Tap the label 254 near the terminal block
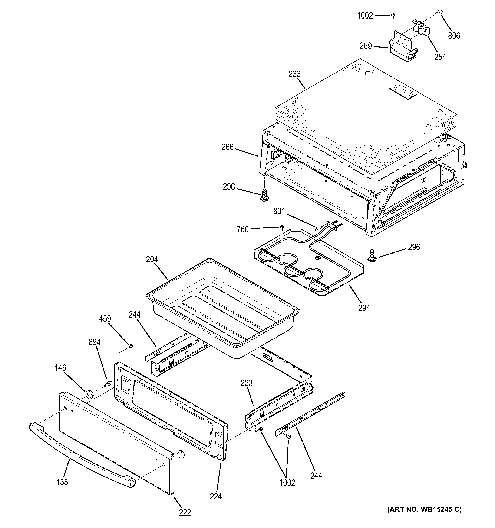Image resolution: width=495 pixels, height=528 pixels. (x=440, y=57)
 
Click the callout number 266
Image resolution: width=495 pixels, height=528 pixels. (x=227, y=147)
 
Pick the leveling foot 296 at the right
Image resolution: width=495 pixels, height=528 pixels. (x=372, y=255)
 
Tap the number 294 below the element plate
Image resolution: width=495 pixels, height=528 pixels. (x=364, y=308)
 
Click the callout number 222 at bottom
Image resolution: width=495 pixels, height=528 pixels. (x=185, y=512)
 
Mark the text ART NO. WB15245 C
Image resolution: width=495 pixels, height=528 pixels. (x=424, y=509)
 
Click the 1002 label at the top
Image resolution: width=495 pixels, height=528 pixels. (x=365, y=16)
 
